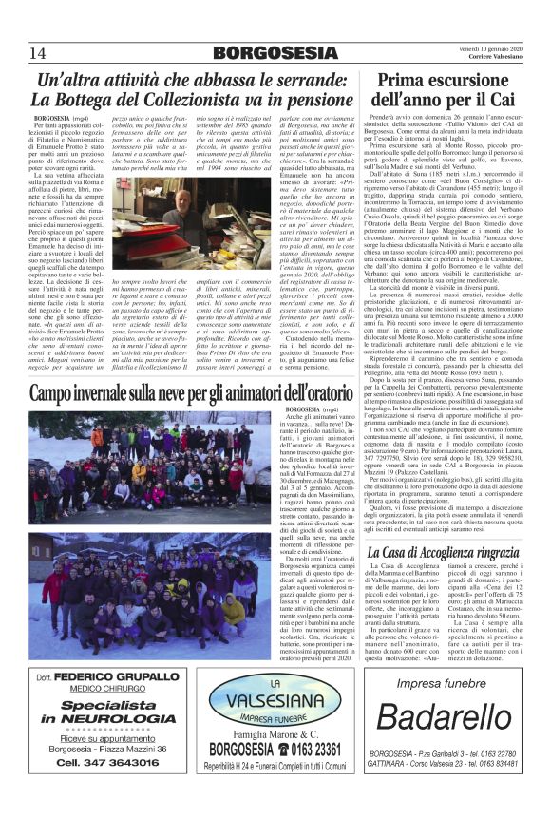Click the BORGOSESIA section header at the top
tap(276, 52)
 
